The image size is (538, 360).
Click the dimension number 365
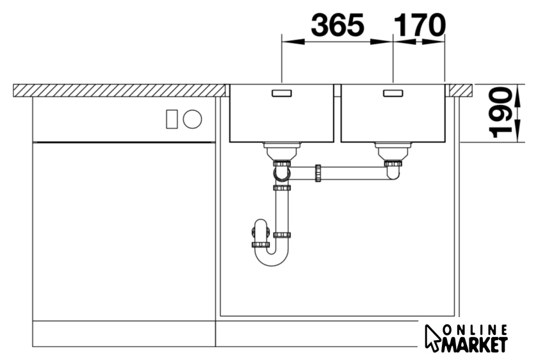(x=338, y=25)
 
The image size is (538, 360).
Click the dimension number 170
(x=420, y=25)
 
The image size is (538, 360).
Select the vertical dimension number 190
(x=500, y=113)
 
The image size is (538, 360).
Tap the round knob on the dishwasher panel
(x=193, y=119)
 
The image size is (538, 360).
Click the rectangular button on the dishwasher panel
(x=172, y=119)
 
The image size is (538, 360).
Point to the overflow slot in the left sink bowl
(x=282, y=93)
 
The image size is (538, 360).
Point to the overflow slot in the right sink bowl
(x=393, y=93)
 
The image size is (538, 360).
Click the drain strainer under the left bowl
(x=282, y=151)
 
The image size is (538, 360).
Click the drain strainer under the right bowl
(x=393, y=151)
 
